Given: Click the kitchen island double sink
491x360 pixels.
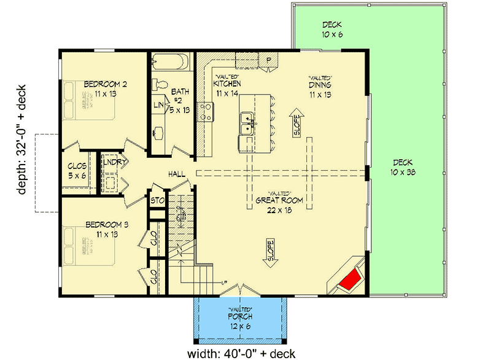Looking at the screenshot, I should (x=249, y=122).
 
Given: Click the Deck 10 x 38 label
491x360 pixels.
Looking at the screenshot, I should (x=405, y=167).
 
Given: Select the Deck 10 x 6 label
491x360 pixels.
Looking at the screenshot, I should (x=332, y=29).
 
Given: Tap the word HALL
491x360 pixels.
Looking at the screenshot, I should (x=177, y=176).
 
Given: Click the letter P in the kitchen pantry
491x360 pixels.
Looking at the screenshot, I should (x=268, y=59).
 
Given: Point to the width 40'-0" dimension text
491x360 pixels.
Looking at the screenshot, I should (x=241, y=353).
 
